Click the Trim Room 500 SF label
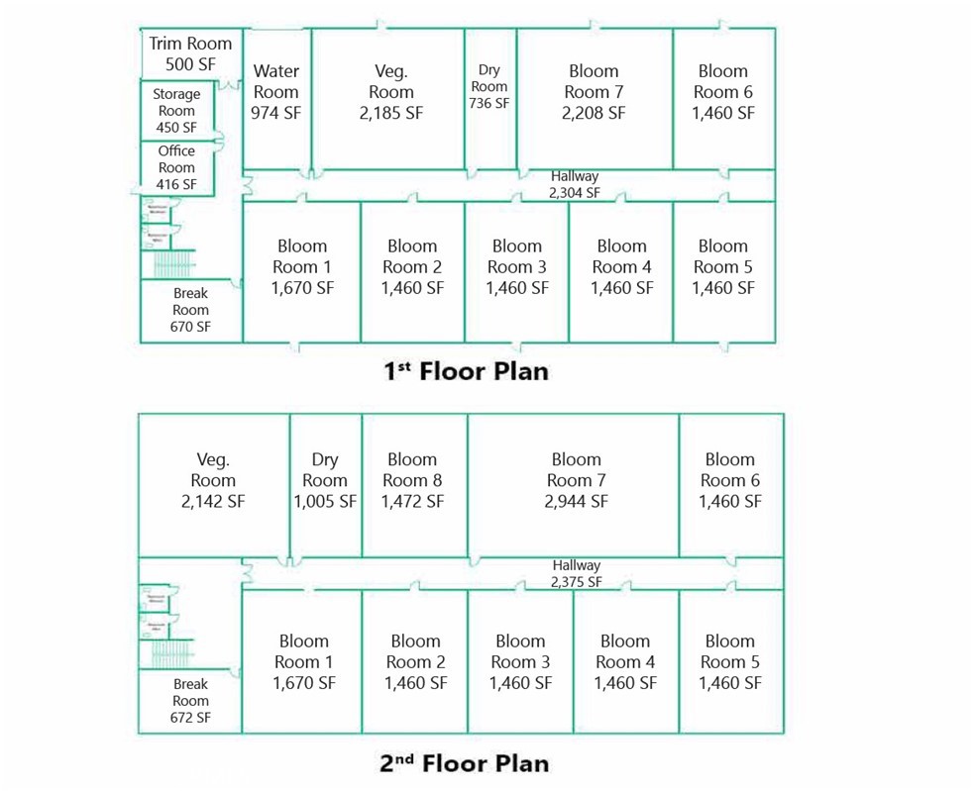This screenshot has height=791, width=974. (190, 53)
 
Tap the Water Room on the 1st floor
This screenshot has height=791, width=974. (276, 91)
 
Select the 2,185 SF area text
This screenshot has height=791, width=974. (390, 113)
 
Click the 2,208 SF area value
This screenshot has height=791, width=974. (594, 113)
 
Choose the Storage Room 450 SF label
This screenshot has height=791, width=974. (176, 111)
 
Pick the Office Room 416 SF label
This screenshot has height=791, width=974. (176, 167)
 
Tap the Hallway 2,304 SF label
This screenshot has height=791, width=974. (575, 184)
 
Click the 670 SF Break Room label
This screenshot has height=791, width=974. (190, 310)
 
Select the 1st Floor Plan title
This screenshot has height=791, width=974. (466, 371)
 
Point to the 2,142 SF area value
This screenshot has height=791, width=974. (213, 501)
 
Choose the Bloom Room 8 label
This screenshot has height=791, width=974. (412, 480)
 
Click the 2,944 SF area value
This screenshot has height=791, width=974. (576, 501)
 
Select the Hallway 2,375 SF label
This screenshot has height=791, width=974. (577, 574)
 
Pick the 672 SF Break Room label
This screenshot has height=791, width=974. (190, 701)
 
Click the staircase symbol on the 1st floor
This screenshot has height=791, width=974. (166, 264)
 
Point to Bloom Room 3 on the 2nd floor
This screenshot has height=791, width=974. (520, 661)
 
